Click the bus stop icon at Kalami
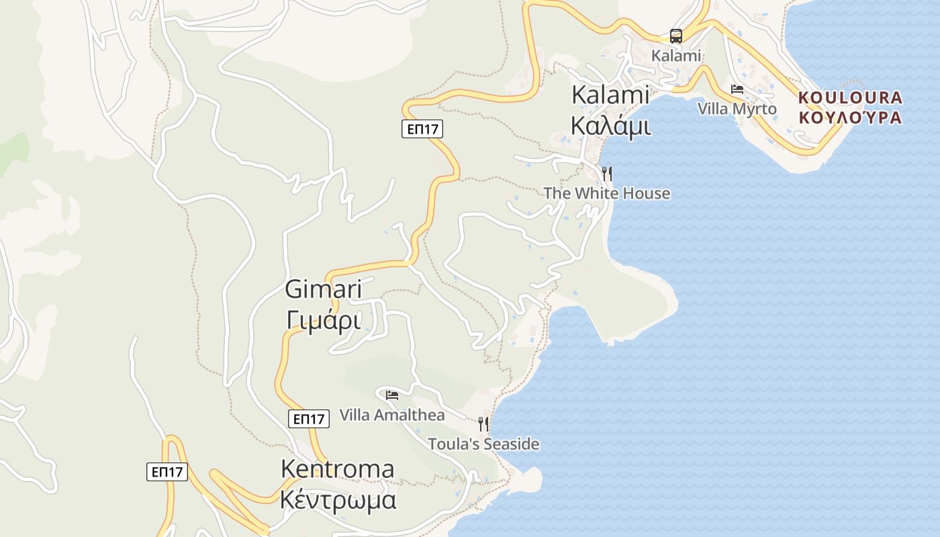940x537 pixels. coord(676,36)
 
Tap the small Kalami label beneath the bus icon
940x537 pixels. coord(676,56)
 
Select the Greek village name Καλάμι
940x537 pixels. coord(610,125)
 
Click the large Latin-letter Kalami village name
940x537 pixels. coord(610,95)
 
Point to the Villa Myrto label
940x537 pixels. coord(737,109)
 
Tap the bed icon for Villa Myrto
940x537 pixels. coord(737,89)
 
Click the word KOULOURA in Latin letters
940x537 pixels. coord(851,98)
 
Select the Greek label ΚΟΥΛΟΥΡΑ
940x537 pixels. coord(851,117)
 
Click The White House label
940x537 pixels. coord(606,193)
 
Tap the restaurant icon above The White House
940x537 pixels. coord(607,174)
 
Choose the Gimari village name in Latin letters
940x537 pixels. coord(324,290)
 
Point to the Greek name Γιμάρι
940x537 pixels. coord(324,320)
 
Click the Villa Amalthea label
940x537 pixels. coord(392,415)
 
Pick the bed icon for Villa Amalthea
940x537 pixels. coord(392,395)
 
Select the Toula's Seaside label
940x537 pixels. coord(483,444)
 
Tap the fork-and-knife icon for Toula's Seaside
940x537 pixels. coord(483,424)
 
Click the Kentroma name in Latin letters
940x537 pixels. coord(337,469)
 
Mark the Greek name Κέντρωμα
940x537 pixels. coord(337,500)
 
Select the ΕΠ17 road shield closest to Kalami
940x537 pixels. coord(422,129)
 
